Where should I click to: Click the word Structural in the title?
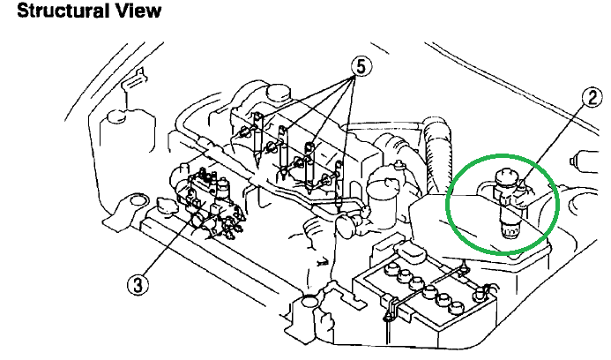(53, 11)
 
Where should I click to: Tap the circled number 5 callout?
(360, 64)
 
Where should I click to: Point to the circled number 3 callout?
(138, 283)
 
